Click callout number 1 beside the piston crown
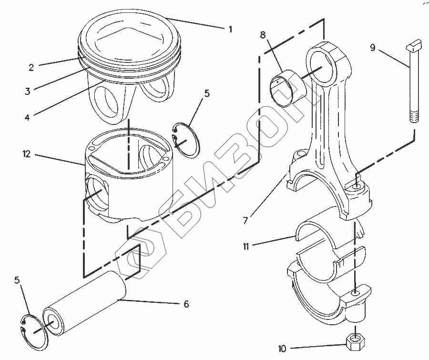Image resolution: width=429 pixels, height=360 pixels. coord(230,29)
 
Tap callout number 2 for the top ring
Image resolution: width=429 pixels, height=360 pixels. coord(31,67)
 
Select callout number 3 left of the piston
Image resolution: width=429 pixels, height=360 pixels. coord(28,91)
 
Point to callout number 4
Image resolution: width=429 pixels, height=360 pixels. coord(27,116)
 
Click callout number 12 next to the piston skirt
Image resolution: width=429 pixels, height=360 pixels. coord(26,154)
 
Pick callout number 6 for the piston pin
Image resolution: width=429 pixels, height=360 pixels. coord(186,304)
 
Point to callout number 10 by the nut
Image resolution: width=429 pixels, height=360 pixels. coord(282,349)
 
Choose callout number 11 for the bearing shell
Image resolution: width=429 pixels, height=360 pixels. coord(246,246)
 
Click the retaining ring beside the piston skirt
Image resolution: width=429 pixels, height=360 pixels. coord(186,139)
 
